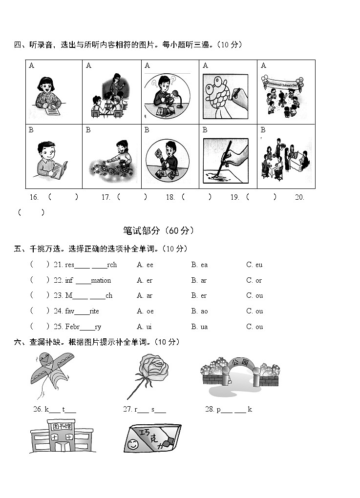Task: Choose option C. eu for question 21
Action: (x=254, y=265)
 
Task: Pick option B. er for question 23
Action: (x=199, y=295)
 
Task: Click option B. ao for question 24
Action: (x=199, y=311)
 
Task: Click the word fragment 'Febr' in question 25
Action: (x=72, y=327)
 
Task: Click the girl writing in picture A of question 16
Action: (x=47, y=93)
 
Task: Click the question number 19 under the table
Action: (x=234, y=197)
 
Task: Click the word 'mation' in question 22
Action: (x=101, y=280)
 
